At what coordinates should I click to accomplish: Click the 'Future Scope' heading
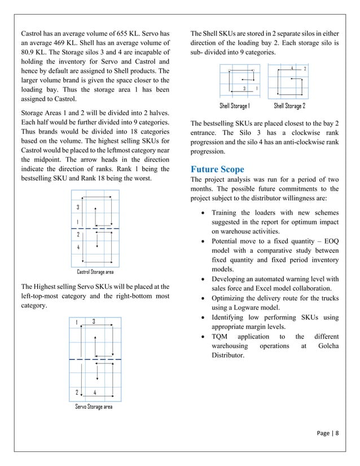click(x=217, y=169)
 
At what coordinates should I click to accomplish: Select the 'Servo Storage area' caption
click(x=94, y=406)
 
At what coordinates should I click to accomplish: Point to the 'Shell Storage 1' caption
click(x=234, y=106)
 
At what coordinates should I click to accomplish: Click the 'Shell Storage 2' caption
click(x=289, y=106)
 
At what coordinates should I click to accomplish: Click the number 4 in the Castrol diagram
click(x=77, y=247)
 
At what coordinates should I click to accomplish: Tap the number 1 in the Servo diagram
click(x=77, y=322)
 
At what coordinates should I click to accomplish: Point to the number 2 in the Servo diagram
click(x=77, y=392)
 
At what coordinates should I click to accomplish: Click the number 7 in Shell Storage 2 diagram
click(x=305, y=68)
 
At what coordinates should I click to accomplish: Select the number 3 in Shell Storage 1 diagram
click(x=243, y=89)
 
